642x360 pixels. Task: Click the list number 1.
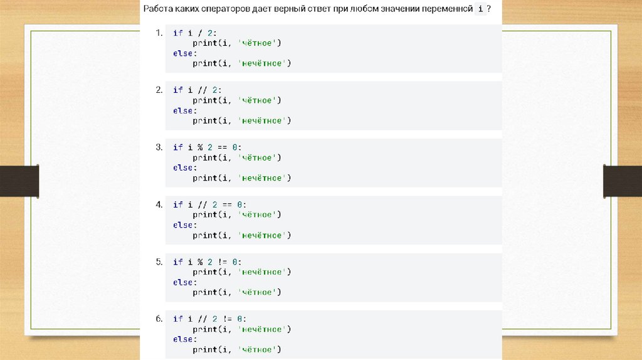(x=159, y=33)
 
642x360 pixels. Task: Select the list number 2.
(x=159, y=90)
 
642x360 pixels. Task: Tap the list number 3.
(x=159, y=147)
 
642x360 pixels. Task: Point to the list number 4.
(x=159, y=204)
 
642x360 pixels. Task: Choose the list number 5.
(x=159, y=262)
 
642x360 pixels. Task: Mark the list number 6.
(x=159, y=319)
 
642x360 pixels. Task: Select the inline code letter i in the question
(x=480, y=9)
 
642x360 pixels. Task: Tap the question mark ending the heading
(x=488, y=9)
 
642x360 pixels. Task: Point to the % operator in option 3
(x=200, y=147)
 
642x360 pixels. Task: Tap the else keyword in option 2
(x=183, y=110)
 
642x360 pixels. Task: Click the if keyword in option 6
(x=177, y=319)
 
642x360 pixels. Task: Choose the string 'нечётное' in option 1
(x=265, y=63)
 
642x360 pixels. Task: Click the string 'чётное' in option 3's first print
(x=260, y=157)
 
